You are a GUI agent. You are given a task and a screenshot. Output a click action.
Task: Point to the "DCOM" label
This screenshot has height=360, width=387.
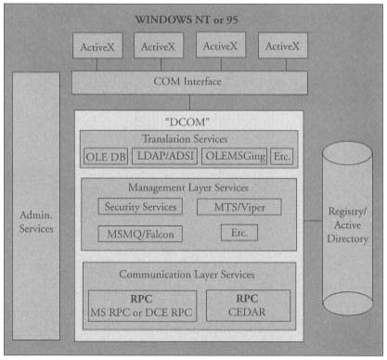click(188, 121)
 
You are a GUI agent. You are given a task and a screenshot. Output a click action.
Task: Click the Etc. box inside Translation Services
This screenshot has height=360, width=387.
click(281, 156)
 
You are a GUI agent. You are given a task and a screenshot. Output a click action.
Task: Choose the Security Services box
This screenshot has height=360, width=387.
click(140, 206)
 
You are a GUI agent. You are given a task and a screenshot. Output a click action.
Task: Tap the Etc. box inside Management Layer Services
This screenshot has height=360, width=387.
click(239, 233)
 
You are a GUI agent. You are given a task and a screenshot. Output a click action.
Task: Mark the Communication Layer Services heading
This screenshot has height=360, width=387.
click(188, 276)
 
